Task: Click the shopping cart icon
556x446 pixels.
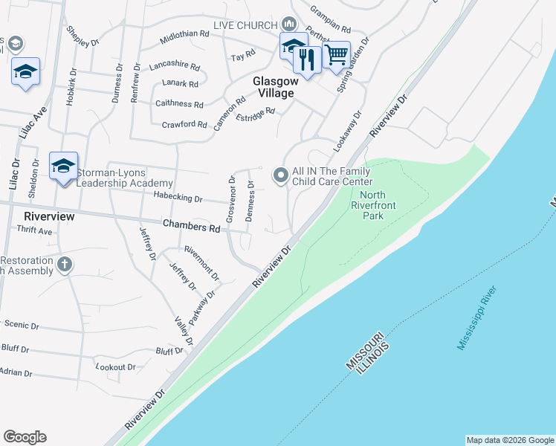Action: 337,54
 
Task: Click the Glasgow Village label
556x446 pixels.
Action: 273,87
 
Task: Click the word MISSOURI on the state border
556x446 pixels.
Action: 365,351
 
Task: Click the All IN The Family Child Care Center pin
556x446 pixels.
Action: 280,175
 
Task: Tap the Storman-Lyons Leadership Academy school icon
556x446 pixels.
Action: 63,165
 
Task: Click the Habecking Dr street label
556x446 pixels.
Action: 178,198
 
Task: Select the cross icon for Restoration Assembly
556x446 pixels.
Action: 65,264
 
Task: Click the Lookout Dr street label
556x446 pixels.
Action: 116,367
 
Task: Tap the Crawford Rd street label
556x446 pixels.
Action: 184,124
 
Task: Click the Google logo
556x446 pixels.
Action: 25,437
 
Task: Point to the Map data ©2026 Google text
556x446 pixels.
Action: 510,440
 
